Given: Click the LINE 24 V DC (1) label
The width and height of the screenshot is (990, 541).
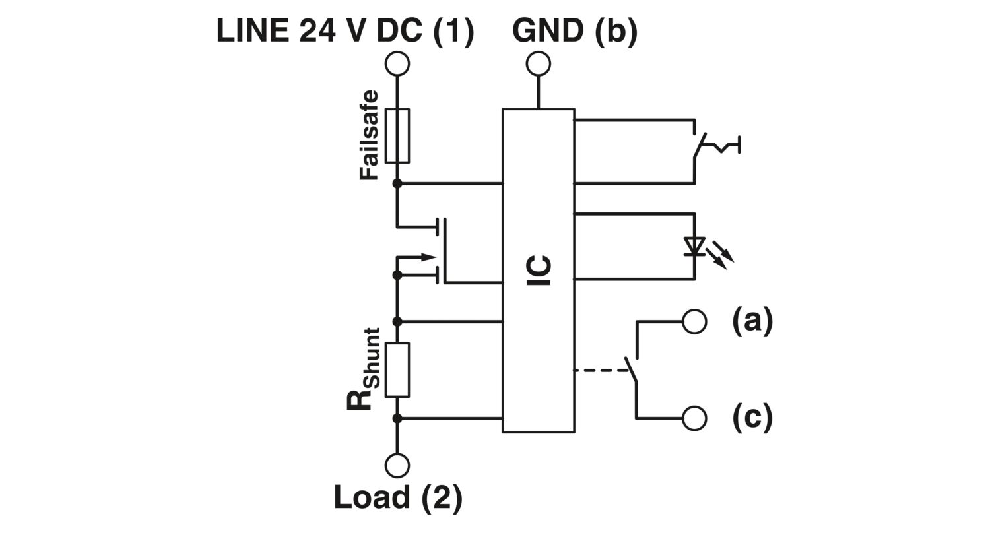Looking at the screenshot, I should pos(345,31).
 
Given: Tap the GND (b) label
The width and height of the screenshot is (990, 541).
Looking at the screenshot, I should pos(575,31).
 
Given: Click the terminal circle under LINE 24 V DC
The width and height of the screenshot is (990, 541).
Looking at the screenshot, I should pos(397,64).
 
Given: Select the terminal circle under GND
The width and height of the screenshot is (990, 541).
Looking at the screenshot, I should pos(539,64).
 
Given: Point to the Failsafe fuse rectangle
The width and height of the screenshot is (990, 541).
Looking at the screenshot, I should pos(397,135).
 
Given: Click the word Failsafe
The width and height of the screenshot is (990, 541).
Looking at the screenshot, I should pos(370,135).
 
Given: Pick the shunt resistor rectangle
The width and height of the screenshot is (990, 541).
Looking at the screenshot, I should pos(397,369).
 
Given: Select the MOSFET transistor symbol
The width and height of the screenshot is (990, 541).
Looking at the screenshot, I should pos(436,251).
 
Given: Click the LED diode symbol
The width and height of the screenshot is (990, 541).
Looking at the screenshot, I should pos(694,246).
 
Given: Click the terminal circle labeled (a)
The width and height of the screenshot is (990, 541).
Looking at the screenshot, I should pos(694,321).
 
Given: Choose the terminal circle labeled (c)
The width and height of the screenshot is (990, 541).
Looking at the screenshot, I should pos(694,418).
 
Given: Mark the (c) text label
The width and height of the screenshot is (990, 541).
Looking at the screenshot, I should pos(752,418).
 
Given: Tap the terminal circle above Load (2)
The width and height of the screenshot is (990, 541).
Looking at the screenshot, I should pos(397,465).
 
